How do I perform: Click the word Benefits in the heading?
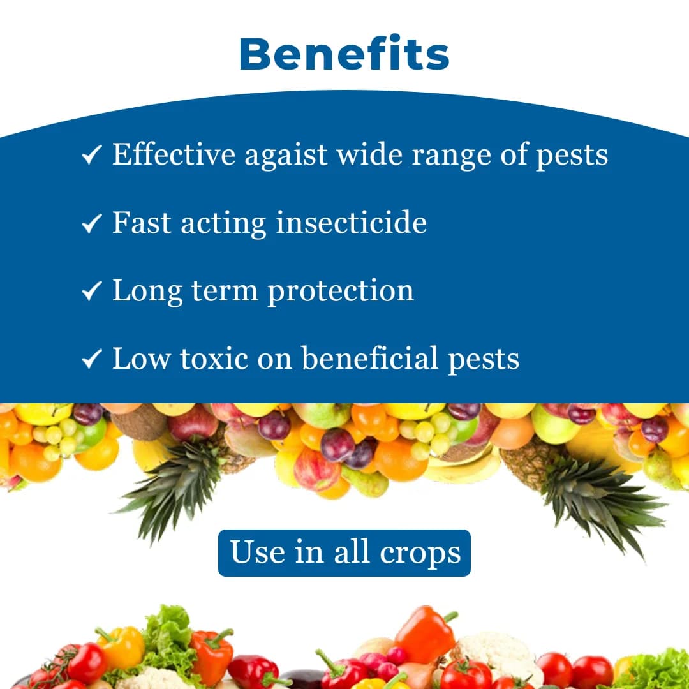click(x=344, y=54)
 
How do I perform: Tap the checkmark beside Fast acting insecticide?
click(x=92, y=223)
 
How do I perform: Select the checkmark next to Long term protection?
click(x=92, y=292)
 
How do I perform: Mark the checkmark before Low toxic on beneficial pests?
click(x=92, y=360)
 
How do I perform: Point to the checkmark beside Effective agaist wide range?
click(x=92, y=155)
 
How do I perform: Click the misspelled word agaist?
click(x=286, y=156)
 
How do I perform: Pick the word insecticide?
click(x=351, y=223)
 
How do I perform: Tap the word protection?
click(x=341, y=292)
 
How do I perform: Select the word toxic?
click(x=214, y=359)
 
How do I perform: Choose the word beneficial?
click(x=369, y=359)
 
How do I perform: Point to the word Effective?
click(x=174, y=154)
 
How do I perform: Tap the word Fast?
click(x=141, y=223)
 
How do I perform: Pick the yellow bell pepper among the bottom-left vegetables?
click(x=121, y=648)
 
